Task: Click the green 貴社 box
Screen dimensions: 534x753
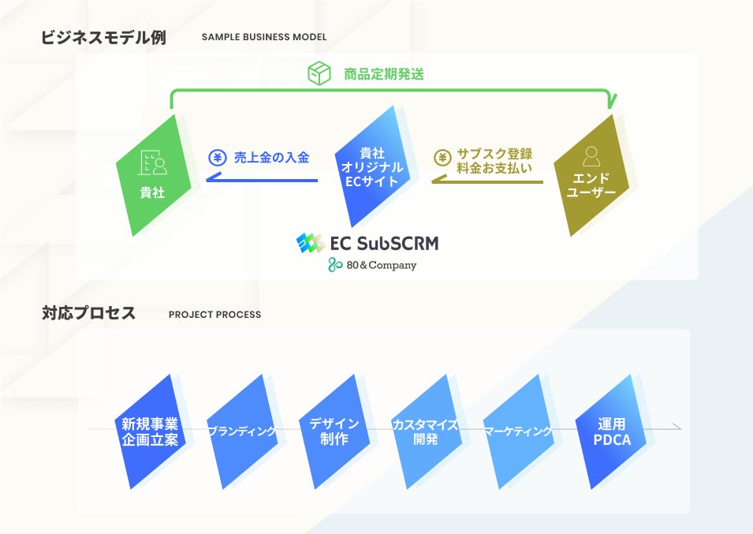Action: (153, 175)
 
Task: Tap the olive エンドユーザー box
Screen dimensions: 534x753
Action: (591, 177)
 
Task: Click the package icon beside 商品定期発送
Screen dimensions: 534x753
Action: (319, 74)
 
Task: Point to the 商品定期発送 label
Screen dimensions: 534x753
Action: (384, 75)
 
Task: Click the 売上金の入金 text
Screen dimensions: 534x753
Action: (271, 158)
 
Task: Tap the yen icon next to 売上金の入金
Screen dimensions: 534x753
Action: (217, 158)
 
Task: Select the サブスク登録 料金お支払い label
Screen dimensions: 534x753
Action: (494, 161)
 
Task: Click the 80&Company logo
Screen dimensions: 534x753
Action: (372, 266)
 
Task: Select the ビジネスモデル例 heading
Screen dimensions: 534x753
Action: (103, 38)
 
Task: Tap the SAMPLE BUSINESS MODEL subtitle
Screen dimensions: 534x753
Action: (264, 38)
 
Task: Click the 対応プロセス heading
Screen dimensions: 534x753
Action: (88, 314)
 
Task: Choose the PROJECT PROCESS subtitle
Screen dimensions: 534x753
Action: (214, 315)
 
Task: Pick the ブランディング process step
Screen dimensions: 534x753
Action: (242, 431)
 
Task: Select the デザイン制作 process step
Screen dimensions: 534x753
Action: (334, 431)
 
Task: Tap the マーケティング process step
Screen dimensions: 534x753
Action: (518, 431)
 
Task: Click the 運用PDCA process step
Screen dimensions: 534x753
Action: (612, 431)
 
